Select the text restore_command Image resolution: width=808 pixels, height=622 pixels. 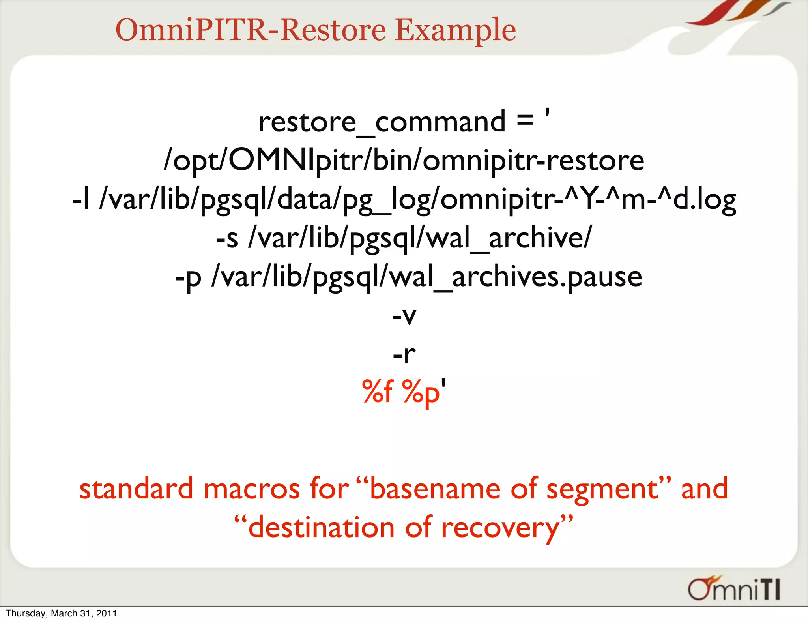382,122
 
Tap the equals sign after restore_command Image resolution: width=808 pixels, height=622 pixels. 525,120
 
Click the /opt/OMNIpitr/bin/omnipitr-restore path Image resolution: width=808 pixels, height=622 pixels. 404,161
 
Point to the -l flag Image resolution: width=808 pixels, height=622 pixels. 81,199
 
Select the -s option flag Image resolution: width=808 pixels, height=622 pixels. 227,238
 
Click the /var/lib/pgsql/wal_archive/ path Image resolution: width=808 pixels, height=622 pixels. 420,238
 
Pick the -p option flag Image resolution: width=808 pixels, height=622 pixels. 188,277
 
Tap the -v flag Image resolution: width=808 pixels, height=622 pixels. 404,316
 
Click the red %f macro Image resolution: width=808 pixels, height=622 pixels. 378,392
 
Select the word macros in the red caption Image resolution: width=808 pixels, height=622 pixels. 252,489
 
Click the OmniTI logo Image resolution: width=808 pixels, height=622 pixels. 734,589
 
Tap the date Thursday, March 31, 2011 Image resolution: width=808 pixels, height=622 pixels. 61,613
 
